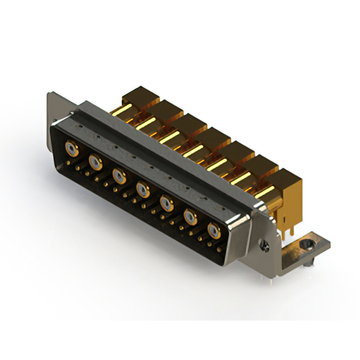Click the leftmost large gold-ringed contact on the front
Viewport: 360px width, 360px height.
coord(71,149)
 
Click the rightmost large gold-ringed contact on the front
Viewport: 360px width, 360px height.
coord(214,230)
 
